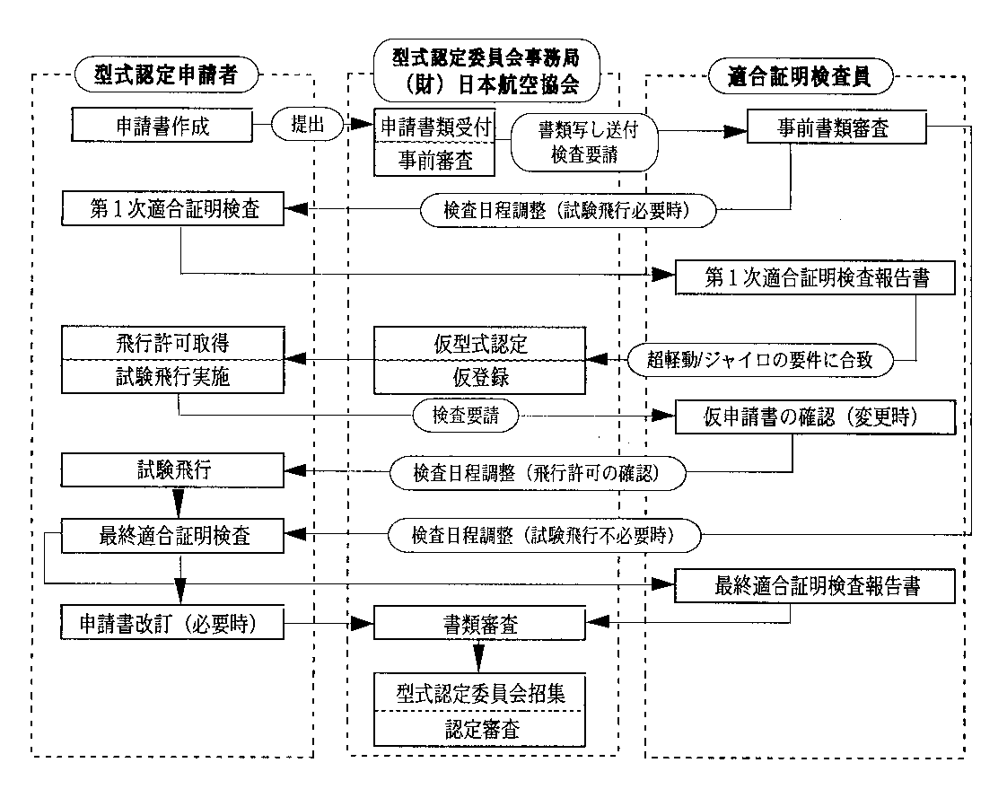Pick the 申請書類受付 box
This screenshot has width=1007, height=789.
coord(434,127)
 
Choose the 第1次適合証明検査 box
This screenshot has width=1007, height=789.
coord(173,211)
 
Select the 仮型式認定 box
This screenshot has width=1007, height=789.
coord(479,344)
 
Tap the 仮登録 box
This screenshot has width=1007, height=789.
coord(479,377)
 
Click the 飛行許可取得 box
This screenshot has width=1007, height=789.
coord(172,343)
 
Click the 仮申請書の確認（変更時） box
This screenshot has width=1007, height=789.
coord(815,416)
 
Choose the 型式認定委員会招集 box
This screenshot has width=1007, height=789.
coord(479,693)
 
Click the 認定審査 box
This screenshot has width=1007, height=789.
coord(479,727)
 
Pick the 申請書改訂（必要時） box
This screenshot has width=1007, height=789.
coord(173,622)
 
